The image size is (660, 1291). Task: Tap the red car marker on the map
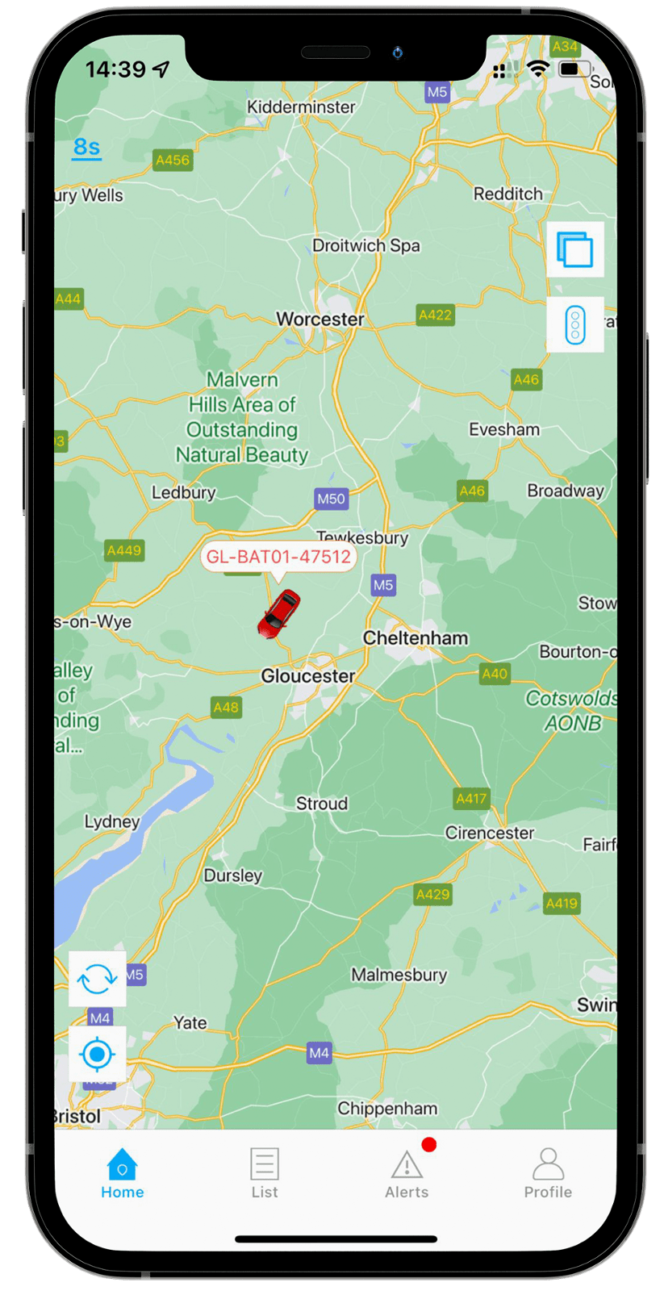[279, 613]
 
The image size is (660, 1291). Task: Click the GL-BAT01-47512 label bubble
[278, 557]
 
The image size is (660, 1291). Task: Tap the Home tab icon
[122, 1165]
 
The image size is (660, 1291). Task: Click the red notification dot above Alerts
[428, 1144]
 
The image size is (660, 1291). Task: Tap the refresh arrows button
[98, 979]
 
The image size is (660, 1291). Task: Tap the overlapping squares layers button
[575, 249]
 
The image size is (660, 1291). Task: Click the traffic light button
[575, 325]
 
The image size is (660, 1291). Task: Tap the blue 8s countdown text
[87, 147]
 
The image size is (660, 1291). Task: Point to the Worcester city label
[320, 320]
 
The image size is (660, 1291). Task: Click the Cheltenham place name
[416, 638]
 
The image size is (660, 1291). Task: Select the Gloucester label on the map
[308, 676]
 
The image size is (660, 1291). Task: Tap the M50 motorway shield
[331, 499]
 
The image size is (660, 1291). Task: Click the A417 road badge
[472, 799]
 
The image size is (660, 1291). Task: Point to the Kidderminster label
[301, 107]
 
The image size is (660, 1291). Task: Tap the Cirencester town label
[490, 833]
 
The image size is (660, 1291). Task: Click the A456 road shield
[173, 160]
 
